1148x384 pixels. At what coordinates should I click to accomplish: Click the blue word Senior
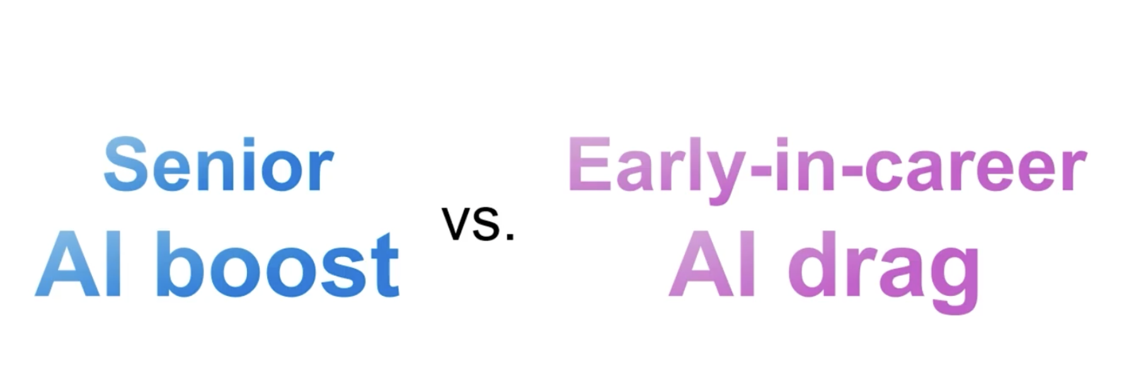[218, 165]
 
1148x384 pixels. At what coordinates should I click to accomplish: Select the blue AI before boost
[78, 264]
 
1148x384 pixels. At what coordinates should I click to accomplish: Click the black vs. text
[478, 223]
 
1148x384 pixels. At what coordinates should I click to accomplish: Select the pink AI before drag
[711, 264]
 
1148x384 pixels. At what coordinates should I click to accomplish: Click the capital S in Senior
[125, 164]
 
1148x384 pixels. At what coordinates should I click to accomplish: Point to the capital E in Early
[589, 164]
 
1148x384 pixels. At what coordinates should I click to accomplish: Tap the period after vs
[510, 237]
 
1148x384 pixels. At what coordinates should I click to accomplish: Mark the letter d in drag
[812, 264]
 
